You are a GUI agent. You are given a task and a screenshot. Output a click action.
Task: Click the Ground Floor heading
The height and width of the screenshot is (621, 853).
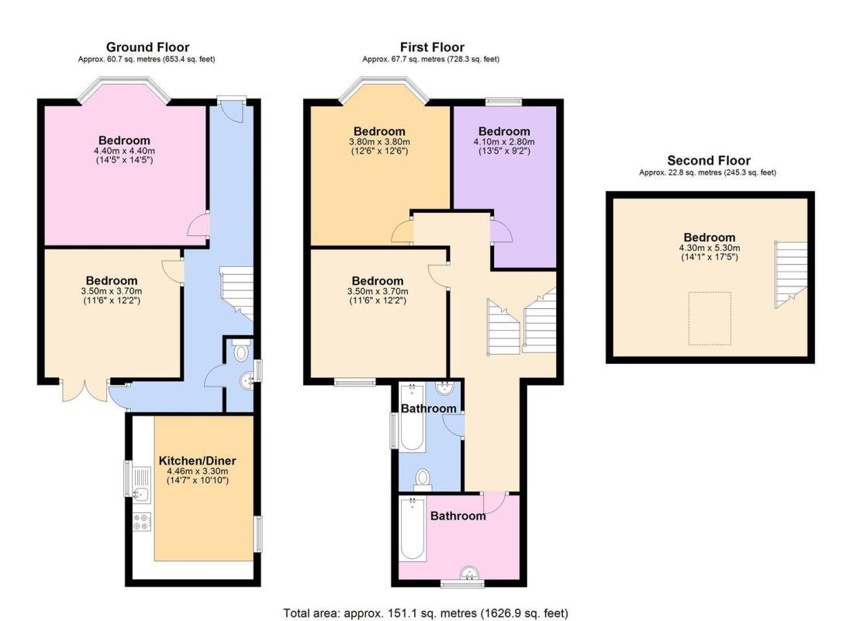point(147,47)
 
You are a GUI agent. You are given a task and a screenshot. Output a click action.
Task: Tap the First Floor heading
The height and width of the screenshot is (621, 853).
point(432,47)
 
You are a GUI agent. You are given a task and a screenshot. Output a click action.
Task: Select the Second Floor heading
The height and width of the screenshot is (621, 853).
point(708,161)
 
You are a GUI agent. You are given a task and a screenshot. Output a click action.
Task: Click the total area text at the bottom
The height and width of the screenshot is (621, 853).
point(426,613)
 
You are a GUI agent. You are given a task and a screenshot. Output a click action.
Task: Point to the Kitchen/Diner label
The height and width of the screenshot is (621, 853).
point(198,461)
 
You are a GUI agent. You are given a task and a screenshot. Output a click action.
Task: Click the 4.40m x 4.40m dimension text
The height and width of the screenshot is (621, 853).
point(124,151)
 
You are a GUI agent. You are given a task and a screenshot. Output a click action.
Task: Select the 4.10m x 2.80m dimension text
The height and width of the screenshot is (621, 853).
point(504,141)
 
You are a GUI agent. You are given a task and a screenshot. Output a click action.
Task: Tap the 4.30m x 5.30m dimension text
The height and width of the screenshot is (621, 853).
point(710,248)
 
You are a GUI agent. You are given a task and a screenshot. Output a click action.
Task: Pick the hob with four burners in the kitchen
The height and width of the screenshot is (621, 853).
point(142,522)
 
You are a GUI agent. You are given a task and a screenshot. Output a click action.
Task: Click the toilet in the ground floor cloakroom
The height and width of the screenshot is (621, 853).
point(240,352)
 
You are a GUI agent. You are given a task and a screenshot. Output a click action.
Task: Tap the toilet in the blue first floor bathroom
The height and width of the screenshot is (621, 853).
point(423,480)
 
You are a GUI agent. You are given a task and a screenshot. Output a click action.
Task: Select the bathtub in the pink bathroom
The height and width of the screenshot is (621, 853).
point(413,529)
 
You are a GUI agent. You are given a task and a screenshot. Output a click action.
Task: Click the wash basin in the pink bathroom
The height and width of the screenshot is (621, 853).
point(469,574)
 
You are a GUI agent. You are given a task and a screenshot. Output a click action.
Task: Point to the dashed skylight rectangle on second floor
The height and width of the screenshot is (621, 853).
point(710,319)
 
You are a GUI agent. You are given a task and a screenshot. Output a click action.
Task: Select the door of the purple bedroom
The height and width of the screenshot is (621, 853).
point(502,231)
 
